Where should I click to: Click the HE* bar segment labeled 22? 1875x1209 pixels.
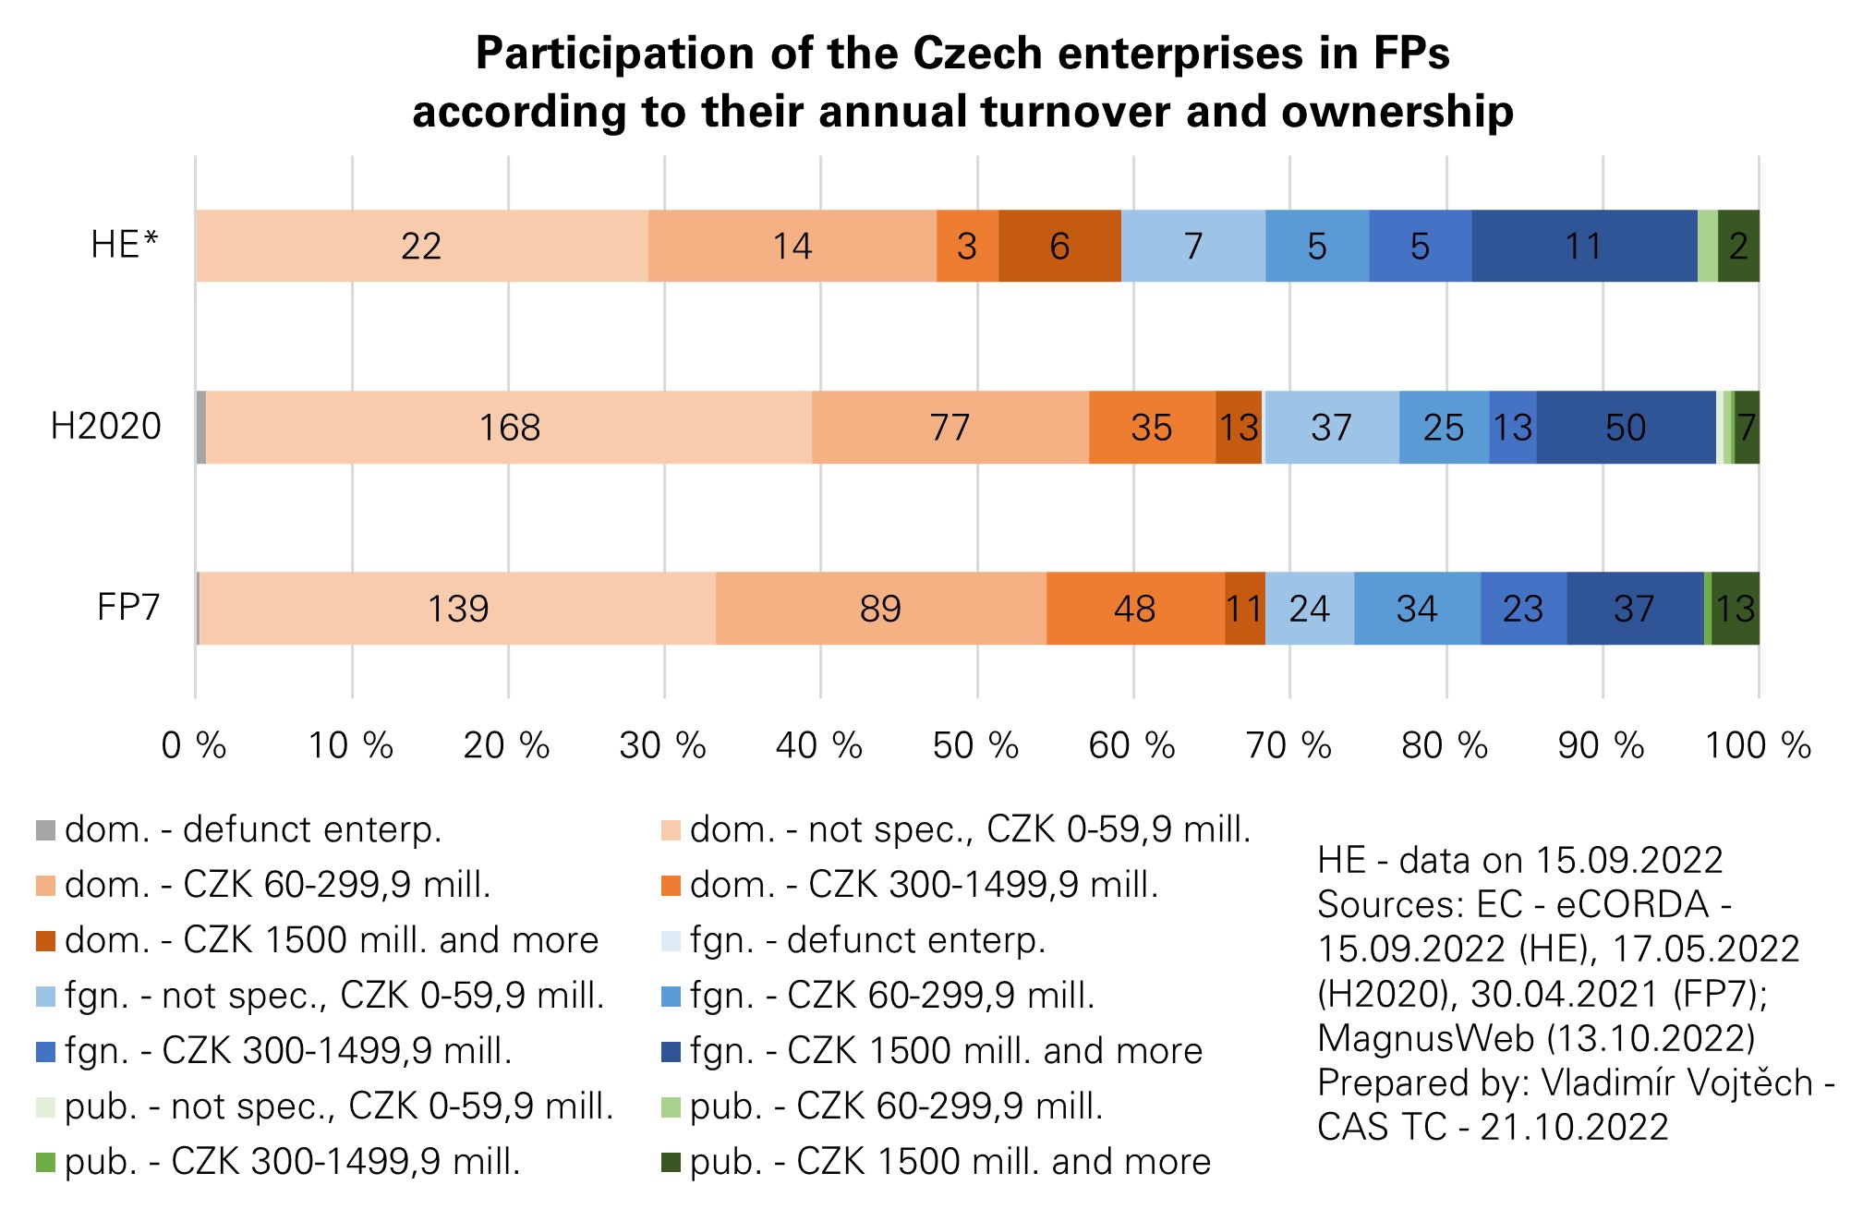coord(421,246)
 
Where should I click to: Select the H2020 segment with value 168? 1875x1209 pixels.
coord(509,428)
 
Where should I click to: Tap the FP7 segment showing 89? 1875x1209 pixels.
coord(880,609)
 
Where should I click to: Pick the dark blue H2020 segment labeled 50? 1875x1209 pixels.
coord(1626,428)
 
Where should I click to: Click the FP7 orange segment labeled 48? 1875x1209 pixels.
coord(1135,609)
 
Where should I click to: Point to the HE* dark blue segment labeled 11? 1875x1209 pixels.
coord(1583,246)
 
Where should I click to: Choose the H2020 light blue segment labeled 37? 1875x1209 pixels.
coord(1331,428)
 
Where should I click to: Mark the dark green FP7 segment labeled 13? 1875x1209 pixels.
coord(1736,609)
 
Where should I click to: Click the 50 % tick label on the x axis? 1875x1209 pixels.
coord(975,745)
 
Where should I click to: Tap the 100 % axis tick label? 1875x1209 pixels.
coord(1758,745)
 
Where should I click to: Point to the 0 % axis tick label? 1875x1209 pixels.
coord(194,745)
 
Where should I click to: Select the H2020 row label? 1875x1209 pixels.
coord(106,427)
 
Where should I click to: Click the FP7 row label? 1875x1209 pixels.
coord(128,608)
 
